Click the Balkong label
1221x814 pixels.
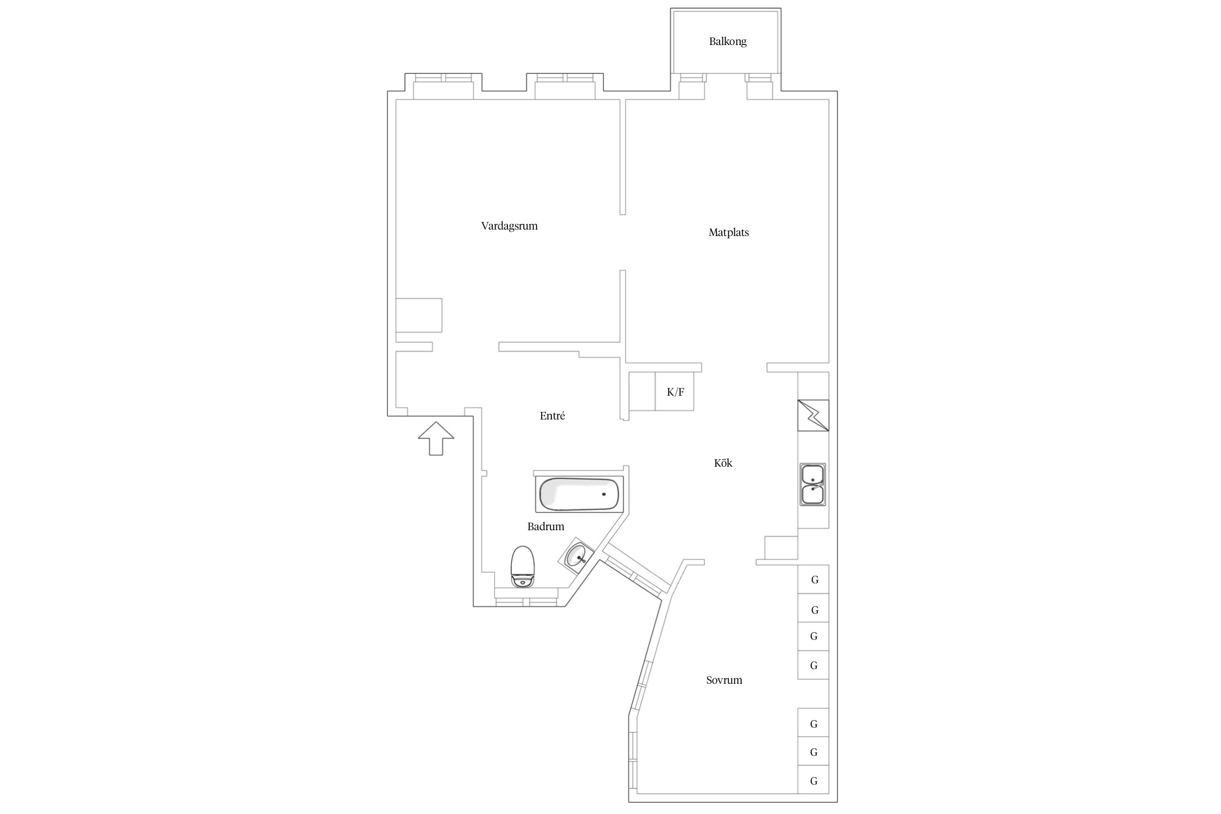pos(727,42)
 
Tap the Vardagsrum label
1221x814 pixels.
pos(509,226)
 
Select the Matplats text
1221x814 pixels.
pos(728,232)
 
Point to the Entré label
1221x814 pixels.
pos(552,416)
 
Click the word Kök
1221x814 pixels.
pos(723,463)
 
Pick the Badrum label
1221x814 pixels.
pos(545,526)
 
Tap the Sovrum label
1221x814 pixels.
pos(724,680)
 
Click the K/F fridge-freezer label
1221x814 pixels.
pos(675,392)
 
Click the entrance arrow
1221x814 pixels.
pos(436,438)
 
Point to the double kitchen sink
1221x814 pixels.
pos(812,485)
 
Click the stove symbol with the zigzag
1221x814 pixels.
pos(813,416)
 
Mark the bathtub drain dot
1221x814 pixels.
pos(603,494)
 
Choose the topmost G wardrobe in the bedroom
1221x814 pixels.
pos(813,579)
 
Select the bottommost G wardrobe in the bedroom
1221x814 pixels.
pos(813,781)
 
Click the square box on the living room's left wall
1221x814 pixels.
pos(419,315)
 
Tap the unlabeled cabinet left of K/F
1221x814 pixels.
pos(642,391)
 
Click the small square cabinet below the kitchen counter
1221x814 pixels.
pos(781,548)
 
